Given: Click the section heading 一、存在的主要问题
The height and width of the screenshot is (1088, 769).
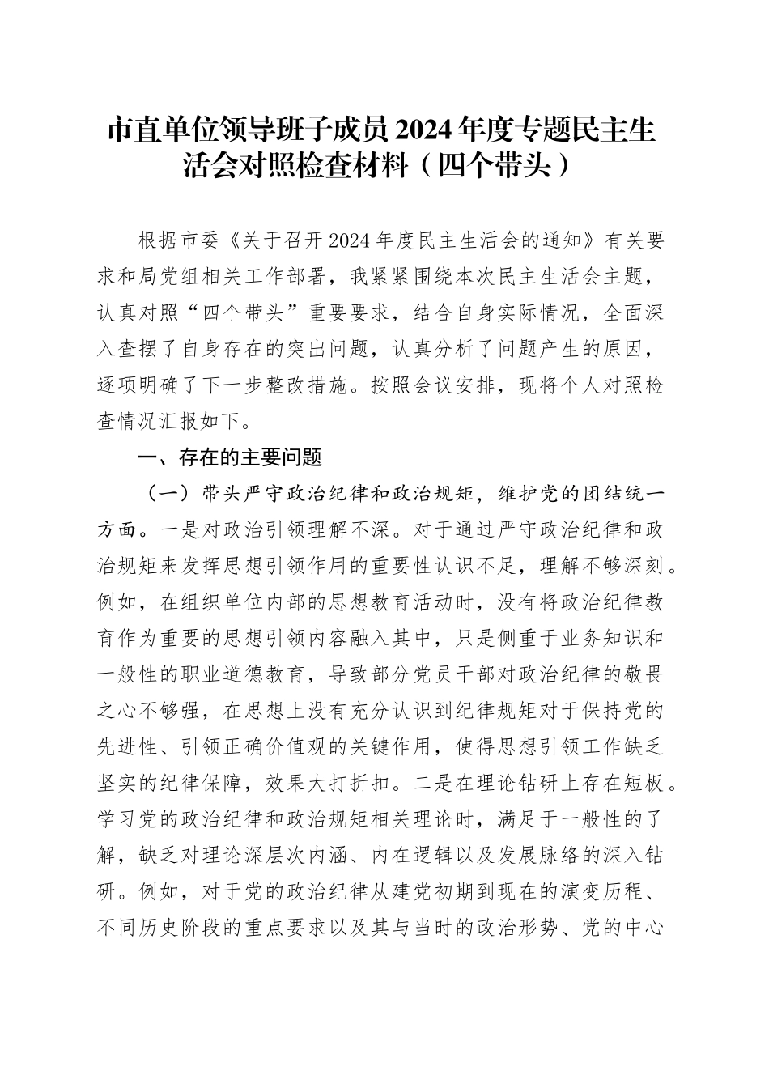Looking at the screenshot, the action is (231, 458).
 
